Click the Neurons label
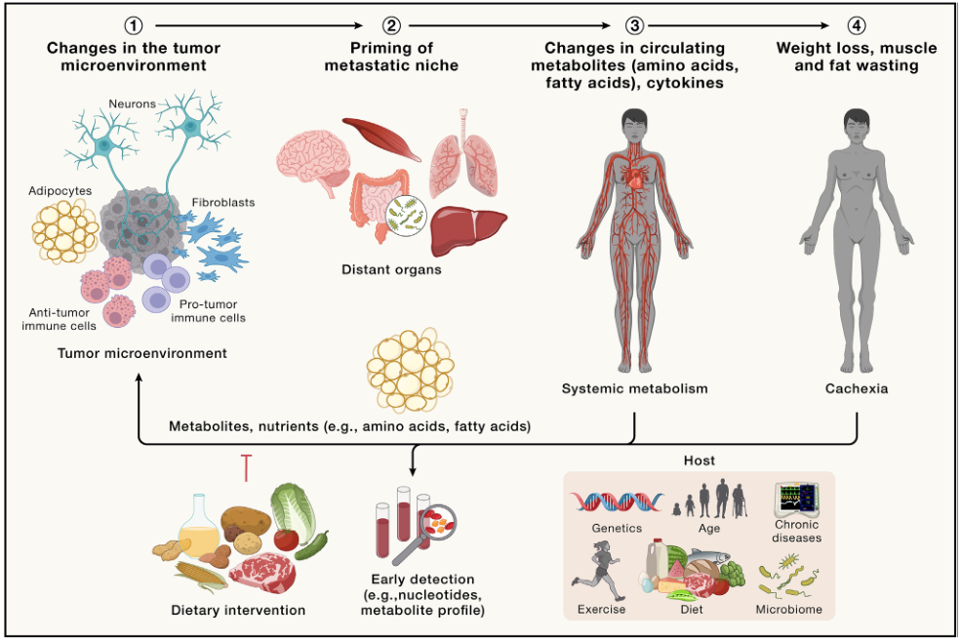(132, 102)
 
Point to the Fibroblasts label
(225, 202)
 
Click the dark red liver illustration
(468, 228)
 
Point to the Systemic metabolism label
(635, 388)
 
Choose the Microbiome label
(788, 611)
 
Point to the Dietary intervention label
(236, 611)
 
